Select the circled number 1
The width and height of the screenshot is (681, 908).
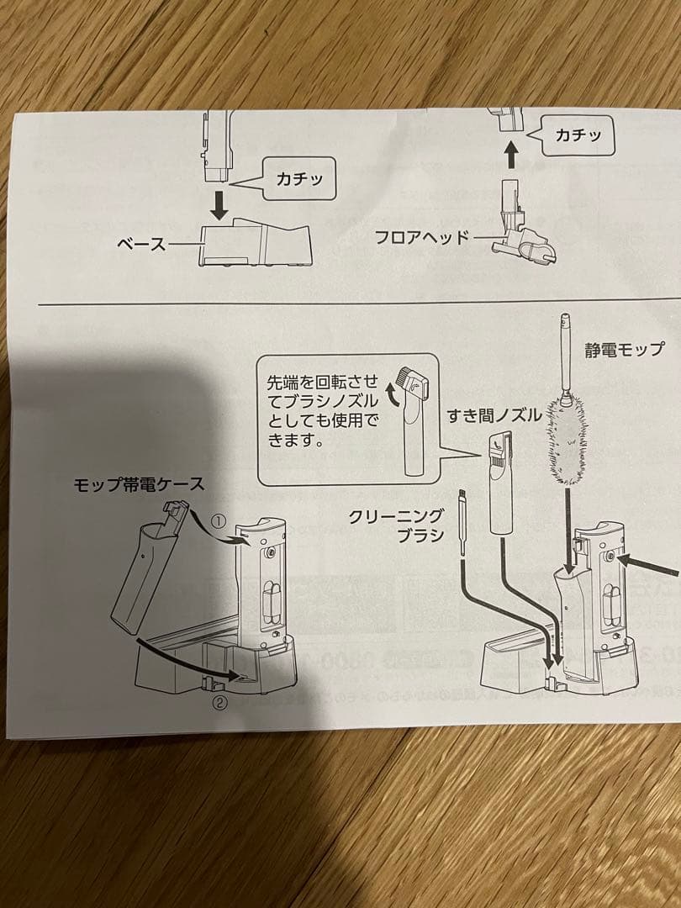click(217, 522)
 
